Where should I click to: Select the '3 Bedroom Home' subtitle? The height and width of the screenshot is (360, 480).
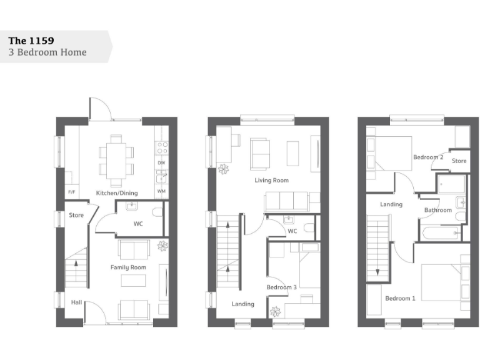click(47, 52)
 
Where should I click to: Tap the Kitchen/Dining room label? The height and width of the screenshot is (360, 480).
click(117, 192)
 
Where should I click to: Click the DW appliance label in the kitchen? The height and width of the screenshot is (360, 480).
click(161, 163)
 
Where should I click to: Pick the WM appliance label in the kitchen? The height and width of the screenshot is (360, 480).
click(161, 191)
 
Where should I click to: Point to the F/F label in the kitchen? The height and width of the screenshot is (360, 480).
click(71, 192)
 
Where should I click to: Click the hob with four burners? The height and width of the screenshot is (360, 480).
click(161, 148)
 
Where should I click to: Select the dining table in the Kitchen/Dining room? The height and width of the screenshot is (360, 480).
click(116, 160)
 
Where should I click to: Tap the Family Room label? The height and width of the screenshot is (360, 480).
click(128, 267)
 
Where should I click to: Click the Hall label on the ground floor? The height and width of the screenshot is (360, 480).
click(76, 302)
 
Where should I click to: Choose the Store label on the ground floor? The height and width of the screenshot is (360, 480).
click(76, 216)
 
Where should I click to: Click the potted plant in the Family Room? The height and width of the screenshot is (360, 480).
click(162, 245)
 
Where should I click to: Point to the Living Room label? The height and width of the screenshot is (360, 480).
click(271, 180)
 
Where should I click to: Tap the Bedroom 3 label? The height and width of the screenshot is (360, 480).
click(281, 287)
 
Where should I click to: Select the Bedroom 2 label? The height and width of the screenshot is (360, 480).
click(428, 157)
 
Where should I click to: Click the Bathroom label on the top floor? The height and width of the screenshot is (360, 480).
click(438, 210)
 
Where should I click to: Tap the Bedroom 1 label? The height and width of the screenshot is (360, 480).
click(400, 298)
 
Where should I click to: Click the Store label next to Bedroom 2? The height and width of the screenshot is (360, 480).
click(459, 161)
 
